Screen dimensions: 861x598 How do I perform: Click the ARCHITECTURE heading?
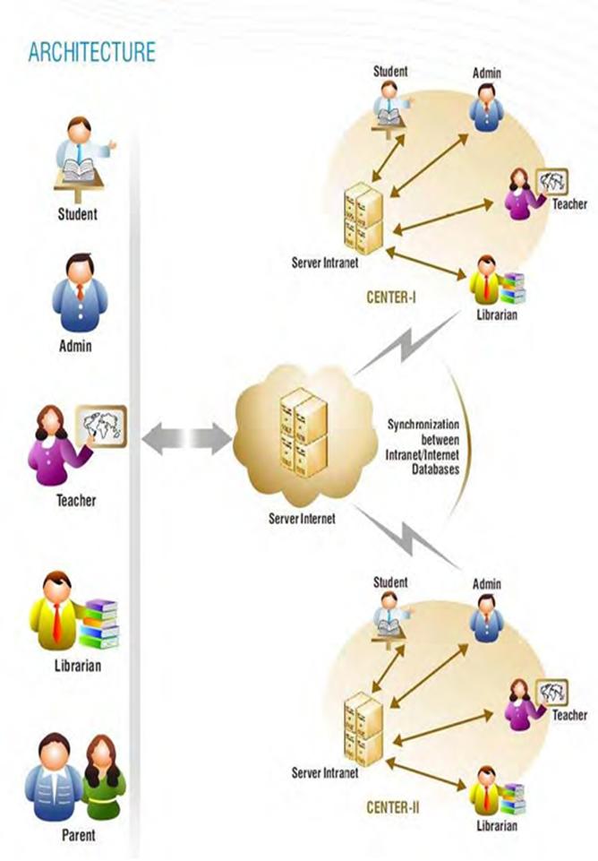click(x=91, y=52)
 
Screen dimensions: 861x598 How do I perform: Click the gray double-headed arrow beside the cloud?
click(x=186, y=440)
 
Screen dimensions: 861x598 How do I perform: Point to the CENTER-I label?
click(x=390, y=295)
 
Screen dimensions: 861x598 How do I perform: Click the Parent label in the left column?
click(x=78, y=836)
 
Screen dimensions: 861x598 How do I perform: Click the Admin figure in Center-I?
click(x=487, y=109)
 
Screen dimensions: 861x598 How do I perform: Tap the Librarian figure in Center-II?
click(x=486, y=791)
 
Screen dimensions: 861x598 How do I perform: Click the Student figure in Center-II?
click(x=389, y=615)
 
